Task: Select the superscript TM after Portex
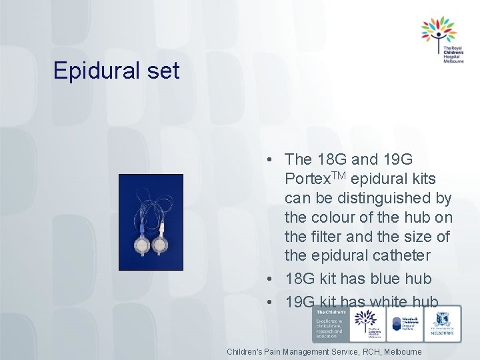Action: point(338,175)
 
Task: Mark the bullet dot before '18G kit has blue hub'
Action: point(267,279)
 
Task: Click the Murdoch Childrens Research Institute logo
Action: point(405,324)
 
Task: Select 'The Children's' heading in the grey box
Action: point(330,312)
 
